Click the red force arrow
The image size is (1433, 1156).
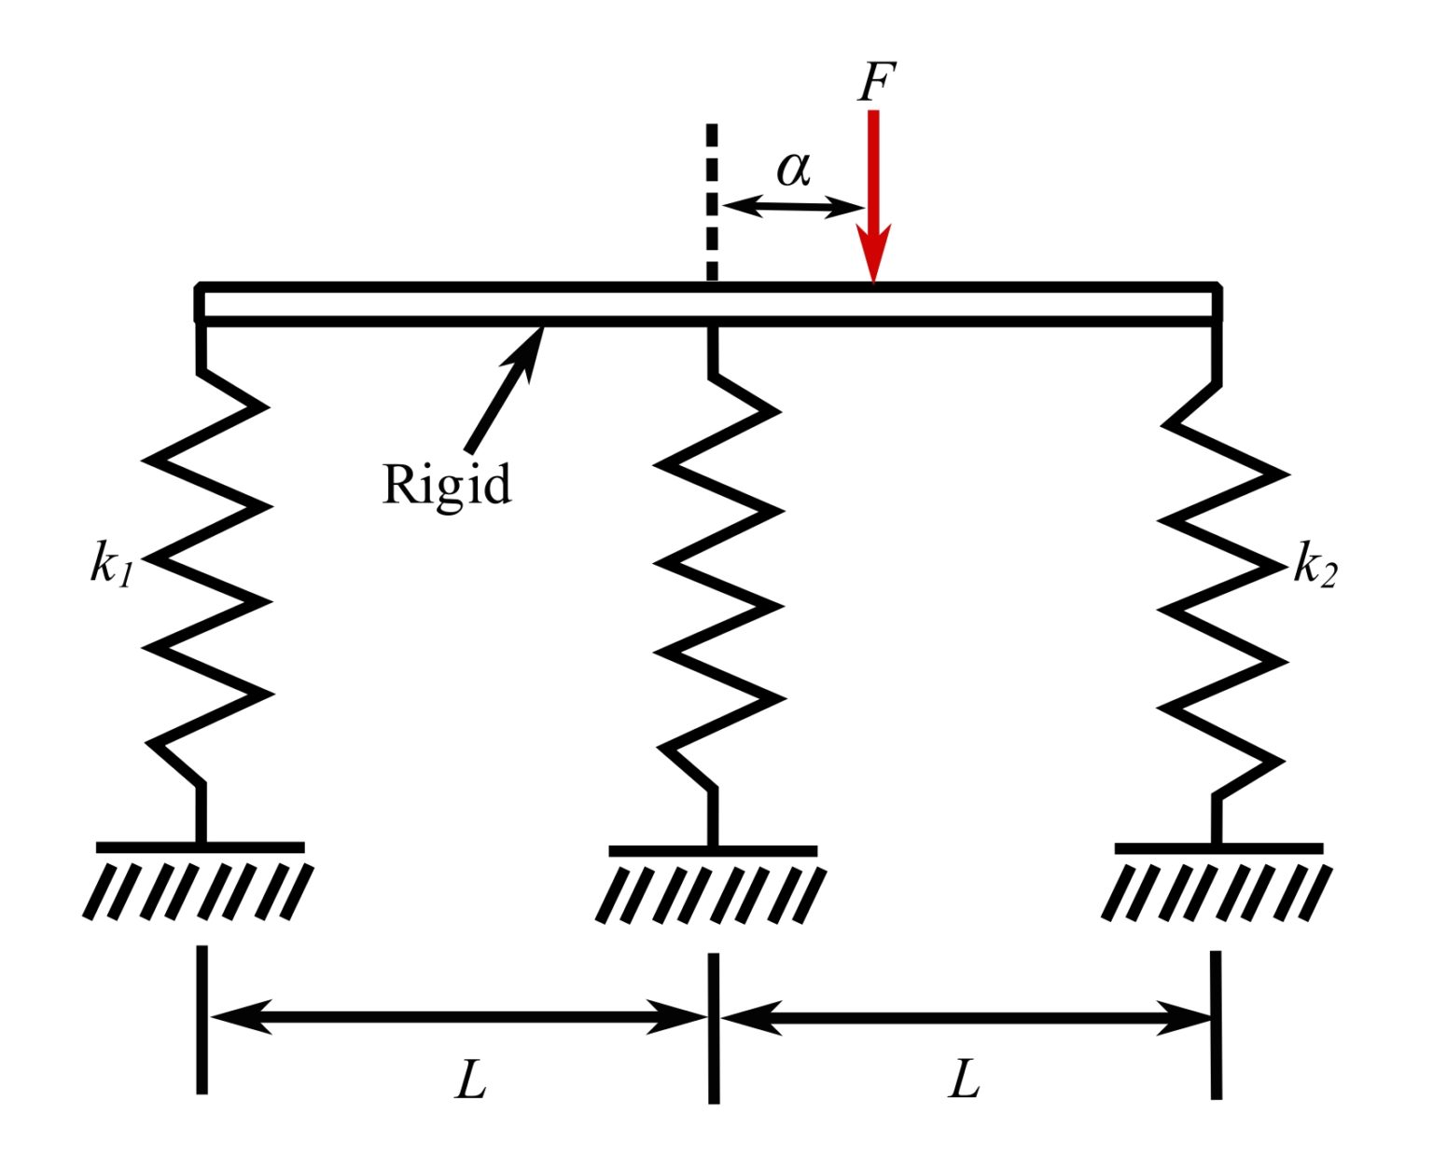pyautogui.click(x=873, y=186)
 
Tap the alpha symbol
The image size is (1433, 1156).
pyautogui.click(x=793, y=169)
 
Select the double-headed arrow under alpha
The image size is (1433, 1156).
pyautogui.click(x=794, y=206)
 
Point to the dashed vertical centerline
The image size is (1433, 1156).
pyautogui.click(x=712, y=200)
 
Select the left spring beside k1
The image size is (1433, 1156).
pyautogui.click(x=207, y=578)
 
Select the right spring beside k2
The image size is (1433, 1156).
pyautogui.click(x=1222, y=587)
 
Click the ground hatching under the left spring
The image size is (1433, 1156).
pyautogui.click(x=199, y=889)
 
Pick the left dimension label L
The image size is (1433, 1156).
pyautogui.click(x=471, y=1080)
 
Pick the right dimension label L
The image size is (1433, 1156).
pyautogui.click(x=965, y=1080)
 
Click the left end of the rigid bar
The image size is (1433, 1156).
pyautogui.click(x=201, y=303)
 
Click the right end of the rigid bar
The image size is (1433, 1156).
pyautogui.click(x=1216, y=303)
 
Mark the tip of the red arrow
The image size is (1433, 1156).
pyautogui.click(x=873, y=279)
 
